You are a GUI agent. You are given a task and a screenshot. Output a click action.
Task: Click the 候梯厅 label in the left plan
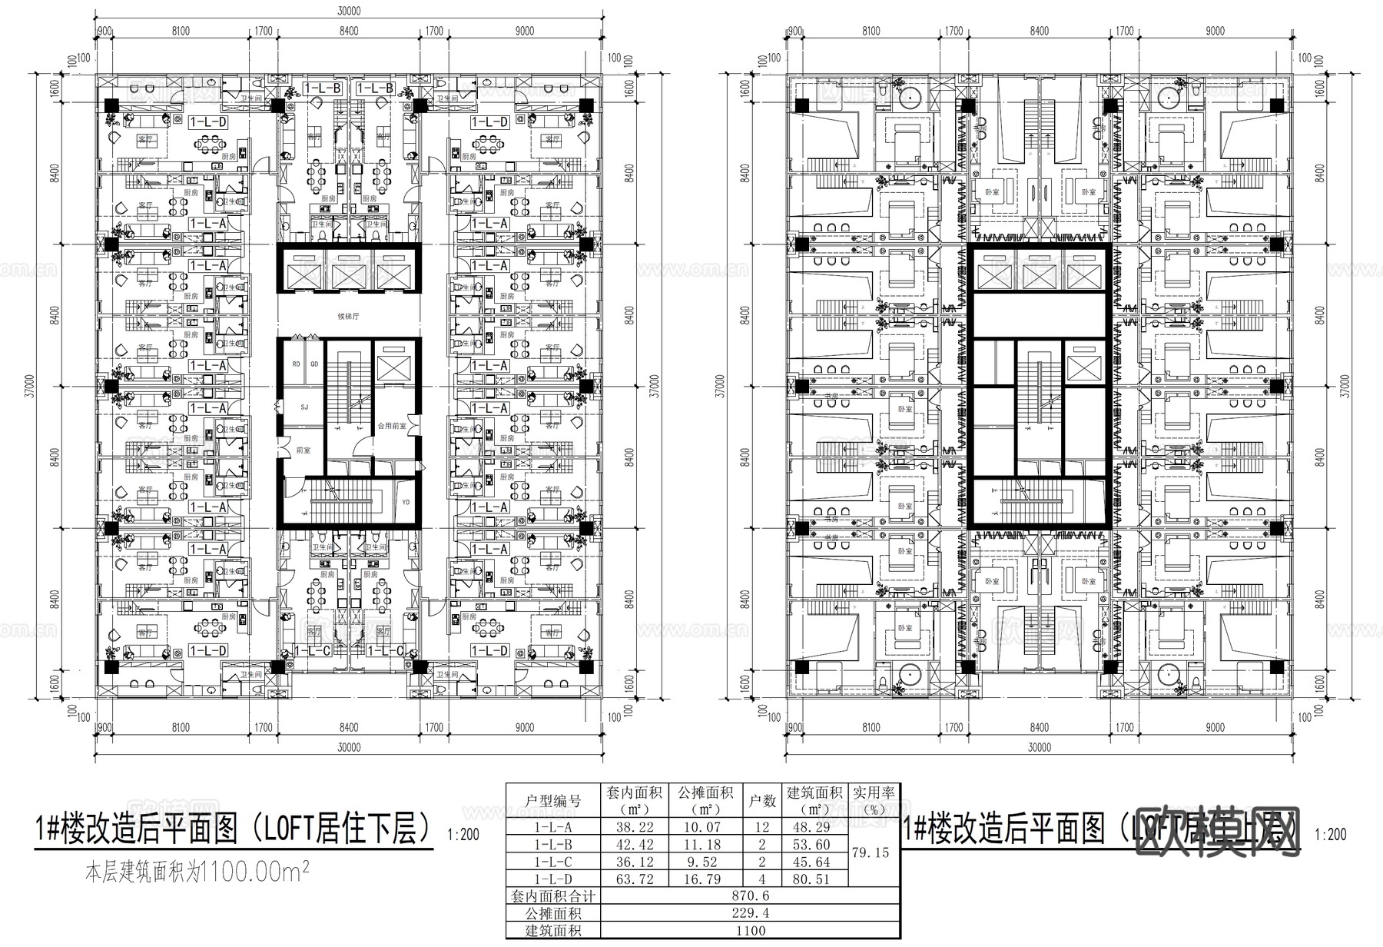348,316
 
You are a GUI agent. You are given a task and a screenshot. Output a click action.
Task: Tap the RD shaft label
297,364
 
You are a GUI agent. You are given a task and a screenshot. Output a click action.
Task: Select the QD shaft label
313,364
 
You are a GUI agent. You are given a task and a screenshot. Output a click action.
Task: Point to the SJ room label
304,407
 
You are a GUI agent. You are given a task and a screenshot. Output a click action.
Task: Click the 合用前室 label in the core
390,425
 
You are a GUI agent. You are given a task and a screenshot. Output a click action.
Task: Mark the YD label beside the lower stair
406,503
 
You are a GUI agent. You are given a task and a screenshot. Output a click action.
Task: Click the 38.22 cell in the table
634,828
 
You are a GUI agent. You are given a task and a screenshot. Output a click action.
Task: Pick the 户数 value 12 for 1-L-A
762,828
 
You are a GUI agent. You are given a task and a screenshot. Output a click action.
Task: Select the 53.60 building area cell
813,845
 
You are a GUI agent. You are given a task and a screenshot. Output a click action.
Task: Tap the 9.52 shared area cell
701,862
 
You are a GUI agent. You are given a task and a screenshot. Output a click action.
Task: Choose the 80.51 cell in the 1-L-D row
813,879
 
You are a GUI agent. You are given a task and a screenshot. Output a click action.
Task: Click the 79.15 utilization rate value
876,852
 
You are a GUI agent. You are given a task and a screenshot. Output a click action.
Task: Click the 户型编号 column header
552,801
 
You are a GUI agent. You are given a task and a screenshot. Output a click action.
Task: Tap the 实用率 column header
876,800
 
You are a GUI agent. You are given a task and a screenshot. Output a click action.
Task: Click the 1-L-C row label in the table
552,862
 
